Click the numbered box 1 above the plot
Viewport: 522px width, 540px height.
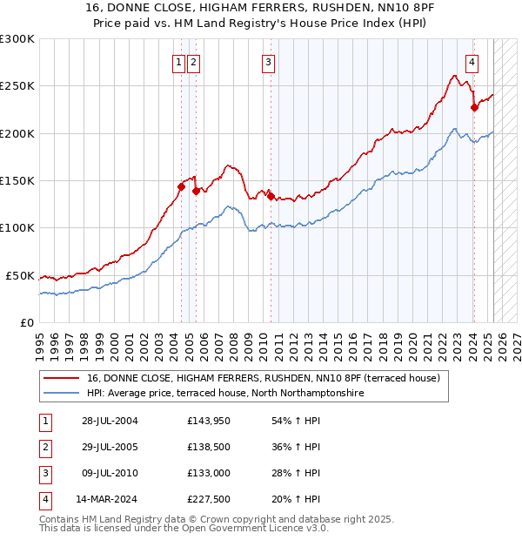coord(178,62)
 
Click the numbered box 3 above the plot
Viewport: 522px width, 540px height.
coord(268,62)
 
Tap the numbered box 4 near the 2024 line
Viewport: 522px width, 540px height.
coord(472,62)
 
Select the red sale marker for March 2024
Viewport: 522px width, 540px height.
coord(474,107)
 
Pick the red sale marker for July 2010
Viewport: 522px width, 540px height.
coord(271,197)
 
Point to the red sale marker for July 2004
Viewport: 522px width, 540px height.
coord(181,186)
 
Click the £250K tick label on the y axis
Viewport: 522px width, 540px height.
coord(17,86)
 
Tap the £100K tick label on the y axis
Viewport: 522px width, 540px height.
coord(17,228)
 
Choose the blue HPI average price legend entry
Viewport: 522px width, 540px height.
coord(225,394)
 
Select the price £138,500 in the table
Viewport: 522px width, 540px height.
coord(208,448)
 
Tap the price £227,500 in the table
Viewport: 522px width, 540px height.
coord(208,499)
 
